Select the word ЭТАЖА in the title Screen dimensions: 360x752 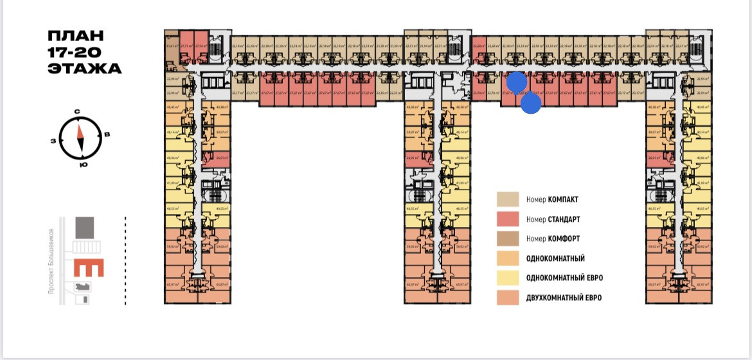(84, 68)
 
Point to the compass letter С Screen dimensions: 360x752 (77, 112)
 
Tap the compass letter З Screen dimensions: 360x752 (54, 141)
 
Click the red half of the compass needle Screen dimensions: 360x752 (80, 130)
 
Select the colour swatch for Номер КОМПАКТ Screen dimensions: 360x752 (507, 199)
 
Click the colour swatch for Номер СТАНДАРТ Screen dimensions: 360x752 (507, 219)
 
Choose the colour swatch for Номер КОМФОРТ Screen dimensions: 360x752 (507, 239)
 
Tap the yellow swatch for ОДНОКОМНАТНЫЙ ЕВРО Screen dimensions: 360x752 (507, 278)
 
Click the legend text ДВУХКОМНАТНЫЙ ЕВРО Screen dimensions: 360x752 (564, 298)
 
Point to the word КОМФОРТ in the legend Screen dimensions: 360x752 (564, 239)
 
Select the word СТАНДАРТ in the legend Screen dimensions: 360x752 (565, 219)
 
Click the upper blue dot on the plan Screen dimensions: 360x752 (517, 83)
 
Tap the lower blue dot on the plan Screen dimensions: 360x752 (530, 103)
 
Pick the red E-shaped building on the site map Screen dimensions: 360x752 (89, 269)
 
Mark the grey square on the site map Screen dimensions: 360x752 (84, 228)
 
